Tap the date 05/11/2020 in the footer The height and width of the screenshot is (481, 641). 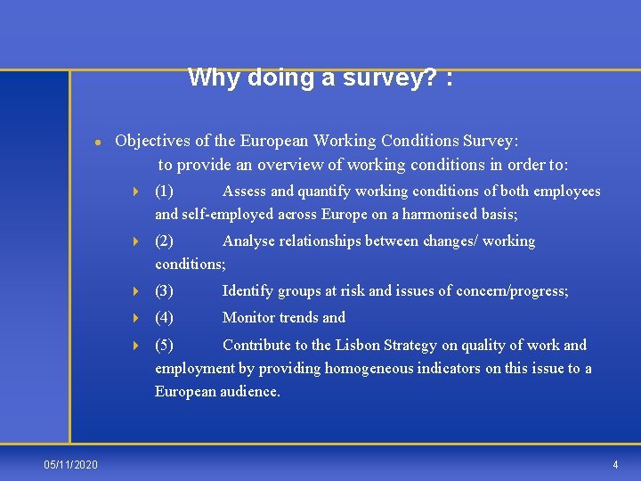(71, 465)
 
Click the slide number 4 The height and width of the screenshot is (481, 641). (615, 465)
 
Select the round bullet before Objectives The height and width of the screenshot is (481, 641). (97, 143)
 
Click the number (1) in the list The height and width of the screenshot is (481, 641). (165, 192)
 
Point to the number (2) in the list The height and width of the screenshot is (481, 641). (165, 241)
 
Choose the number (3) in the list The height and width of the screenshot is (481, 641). (165, 291)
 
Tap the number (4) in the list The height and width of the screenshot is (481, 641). (165, 318)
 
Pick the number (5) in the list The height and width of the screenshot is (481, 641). (165, 346)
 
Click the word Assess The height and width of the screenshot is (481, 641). (244, 192)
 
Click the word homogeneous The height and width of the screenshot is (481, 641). (398, 369)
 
